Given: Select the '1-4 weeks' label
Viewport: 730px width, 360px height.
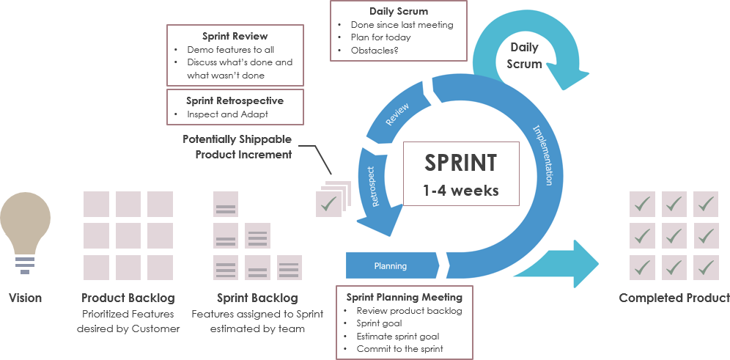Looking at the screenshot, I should click(460, 190).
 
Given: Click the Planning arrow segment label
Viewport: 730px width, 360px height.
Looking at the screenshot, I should click(390, 266).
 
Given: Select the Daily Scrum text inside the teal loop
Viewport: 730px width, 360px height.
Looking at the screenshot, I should click(524, 55).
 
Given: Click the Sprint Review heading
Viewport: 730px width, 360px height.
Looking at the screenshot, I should click(235, 36).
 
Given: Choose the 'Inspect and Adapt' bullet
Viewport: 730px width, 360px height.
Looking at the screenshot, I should click(227, 114).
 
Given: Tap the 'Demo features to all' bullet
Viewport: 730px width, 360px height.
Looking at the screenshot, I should click(230, 50).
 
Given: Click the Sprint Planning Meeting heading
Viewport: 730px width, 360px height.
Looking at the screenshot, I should click(404, 297).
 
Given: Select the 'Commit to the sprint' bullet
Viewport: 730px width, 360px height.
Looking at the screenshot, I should click(399, 349).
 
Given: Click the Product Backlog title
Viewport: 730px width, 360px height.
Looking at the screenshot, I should click(128, 298).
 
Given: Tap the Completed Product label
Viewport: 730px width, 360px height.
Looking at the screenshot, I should click(674, 298).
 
